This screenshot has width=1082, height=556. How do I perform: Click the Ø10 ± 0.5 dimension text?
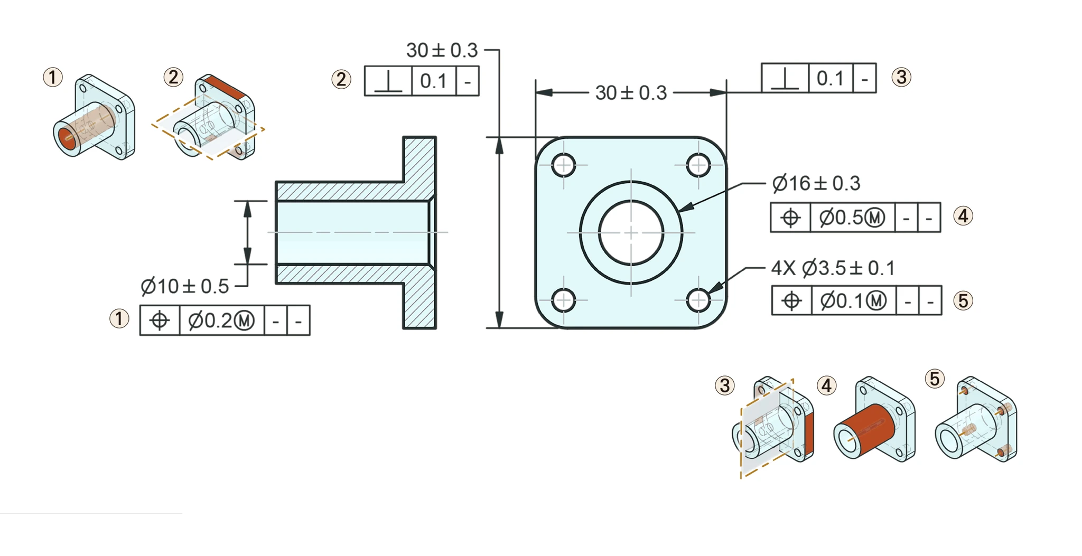[185, 287]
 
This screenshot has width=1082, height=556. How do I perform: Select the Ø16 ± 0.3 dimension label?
[816, 183]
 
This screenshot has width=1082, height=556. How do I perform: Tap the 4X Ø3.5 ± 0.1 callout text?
[833, 268]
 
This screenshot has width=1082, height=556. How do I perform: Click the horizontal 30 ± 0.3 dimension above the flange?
[631, 93]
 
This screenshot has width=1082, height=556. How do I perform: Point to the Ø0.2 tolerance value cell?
[222, 321]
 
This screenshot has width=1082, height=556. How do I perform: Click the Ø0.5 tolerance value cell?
[853, 218]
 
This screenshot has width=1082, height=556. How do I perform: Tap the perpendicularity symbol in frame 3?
[785, 79]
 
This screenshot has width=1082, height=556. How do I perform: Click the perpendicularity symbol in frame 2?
[388, 81]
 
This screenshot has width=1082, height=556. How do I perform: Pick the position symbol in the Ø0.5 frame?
[790, 218]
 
